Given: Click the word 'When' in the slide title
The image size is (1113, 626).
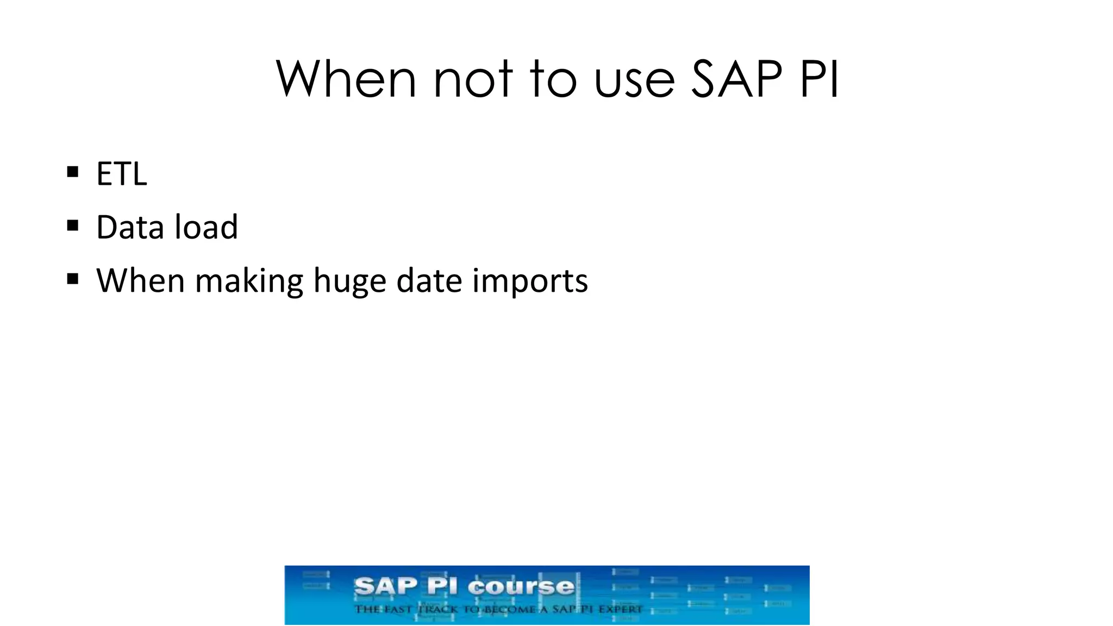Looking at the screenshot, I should [346, 79].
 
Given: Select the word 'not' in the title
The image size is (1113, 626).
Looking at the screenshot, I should [473, 79].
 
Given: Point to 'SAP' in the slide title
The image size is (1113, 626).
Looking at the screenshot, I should [737, 79].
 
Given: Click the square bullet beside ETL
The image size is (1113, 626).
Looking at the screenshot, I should [73, 173].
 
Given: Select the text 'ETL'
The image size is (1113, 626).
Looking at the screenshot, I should [122, 174].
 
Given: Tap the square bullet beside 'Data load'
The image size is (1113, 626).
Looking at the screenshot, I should [73, 226].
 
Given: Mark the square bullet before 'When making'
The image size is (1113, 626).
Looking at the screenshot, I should [73, 279].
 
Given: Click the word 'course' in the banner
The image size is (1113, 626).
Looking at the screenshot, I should [521, 587].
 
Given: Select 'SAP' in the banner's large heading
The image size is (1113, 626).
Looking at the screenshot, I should [386, 587].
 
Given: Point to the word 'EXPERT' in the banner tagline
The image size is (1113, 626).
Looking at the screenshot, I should [620, 609].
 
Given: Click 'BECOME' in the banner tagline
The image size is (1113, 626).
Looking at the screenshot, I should [509, 609].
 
